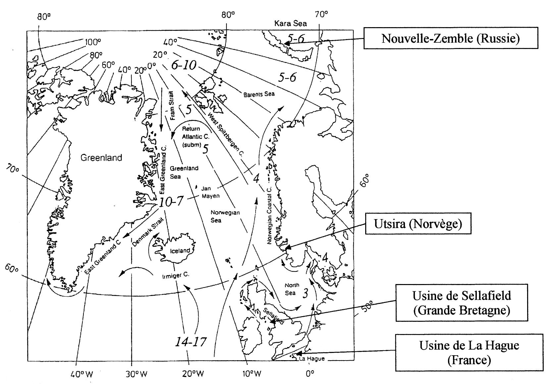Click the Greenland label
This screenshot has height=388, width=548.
101,158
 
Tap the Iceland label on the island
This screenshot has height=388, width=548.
180,251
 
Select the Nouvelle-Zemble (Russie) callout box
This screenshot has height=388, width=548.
450,38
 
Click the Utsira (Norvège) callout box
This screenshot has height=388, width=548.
418,224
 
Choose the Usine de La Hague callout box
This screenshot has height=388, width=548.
469,352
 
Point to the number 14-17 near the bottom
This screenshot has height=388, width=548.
191,341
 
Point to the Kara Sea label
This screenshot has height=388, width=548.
291,24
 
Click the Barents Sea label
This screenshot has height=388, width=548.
259,94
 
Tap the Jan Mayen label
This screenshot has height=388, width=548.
211,192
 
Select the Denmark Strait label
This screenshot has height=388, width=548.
144,235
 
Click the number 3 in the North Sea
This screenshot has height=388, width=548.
306,293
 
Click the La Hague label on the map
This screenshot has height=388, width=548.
312,359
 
